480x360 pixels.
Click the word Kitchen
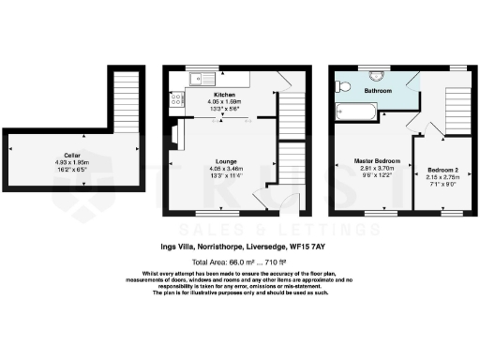pyautogui.click(x=224, y=95)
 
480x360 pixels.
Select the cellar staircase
pyautogui.click(x=124, y=99)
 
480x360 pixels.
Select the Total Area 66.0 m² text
pyautogui.click(x=224, y=262)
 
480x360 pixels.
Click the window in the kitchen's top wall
pyautogui.click(x=200, y=68)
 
